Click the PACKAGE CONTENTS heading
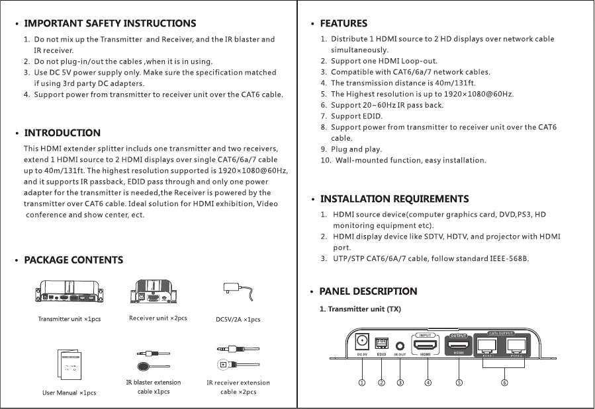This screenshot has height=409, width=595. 73,260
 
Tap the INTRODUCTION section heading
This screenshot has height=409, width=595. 62,133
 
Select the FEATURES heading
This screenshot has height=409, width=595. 343,24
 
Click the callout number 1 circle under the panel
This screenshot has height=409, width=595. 361,382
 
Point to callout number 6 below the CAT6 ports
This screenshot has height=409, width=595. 504,382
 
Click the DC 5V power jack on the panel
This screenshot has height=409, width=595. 362,342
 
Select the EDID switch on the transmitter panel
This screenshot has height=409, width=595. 381,344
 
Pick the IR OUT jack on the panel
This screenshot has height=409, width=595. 400,346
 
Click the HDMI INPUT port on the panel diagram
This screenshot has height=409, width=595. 426,344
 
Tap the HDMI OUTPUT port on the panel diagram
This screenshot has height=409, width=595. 459,344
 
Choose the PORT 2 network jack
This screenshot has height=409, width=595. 517,345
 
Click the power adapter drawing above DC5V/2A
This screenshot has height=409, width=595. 237,291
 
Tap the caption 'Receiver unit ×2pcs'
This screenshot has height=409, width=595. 158,318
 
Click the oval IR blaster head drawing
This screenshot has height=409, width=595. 143,368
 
